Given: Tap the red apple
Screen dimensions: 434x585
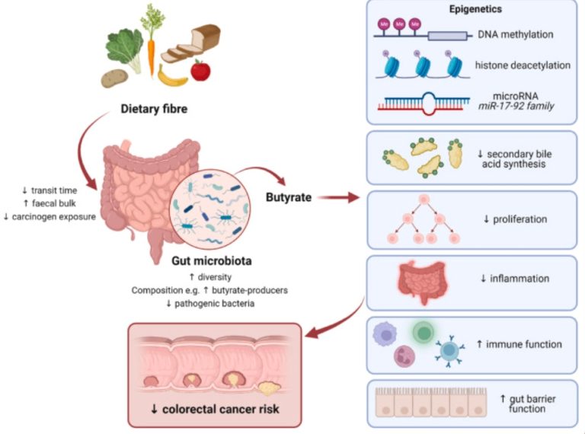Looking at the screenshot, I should [x=200, y=71].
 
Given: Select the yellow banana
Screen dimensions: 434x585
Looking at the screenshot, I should [x=171, y=77].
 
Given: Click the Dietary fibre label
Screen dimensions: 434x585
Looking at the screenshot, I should [x=153, y=109].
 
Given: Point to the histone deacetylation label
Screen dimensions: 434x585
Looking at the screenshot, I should [x=522, y=65].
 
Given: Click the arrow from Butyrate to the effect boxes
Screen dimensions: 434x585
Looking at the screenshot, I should [x=339, y=199].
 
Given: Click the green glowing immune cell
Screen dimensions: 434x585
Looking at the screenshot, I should [x=424, y=333].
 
